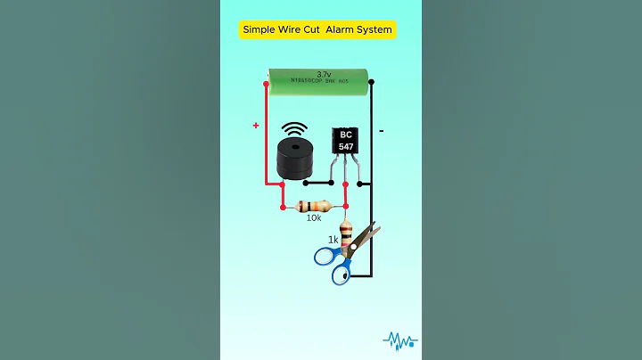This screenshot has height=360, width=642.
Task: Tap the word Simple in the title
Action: point(260,29)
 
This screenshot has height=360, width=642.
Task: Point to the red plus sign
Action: point(256,126)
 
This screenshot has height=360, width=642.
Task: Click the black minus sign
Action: point(382,131)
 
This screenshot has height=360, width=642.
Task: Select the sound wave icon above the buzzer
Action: point(294,130)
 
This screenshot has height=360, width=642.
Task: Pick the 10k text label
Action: point(314,217)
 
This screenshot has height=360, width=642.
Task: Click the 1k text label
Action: point(333,240)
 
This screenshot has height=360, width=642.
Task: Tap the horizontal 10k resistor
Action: point(314,206)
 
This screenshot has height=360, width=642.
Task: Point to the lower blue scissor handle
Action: point(341,273)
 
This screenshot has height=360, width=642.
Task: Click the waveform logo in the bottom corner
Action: point(399,340)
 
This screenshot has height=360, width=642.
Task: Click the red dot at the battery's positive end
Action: point(267,86)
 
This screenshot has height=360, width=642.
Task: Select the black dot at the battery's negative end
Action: point(372,82)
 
